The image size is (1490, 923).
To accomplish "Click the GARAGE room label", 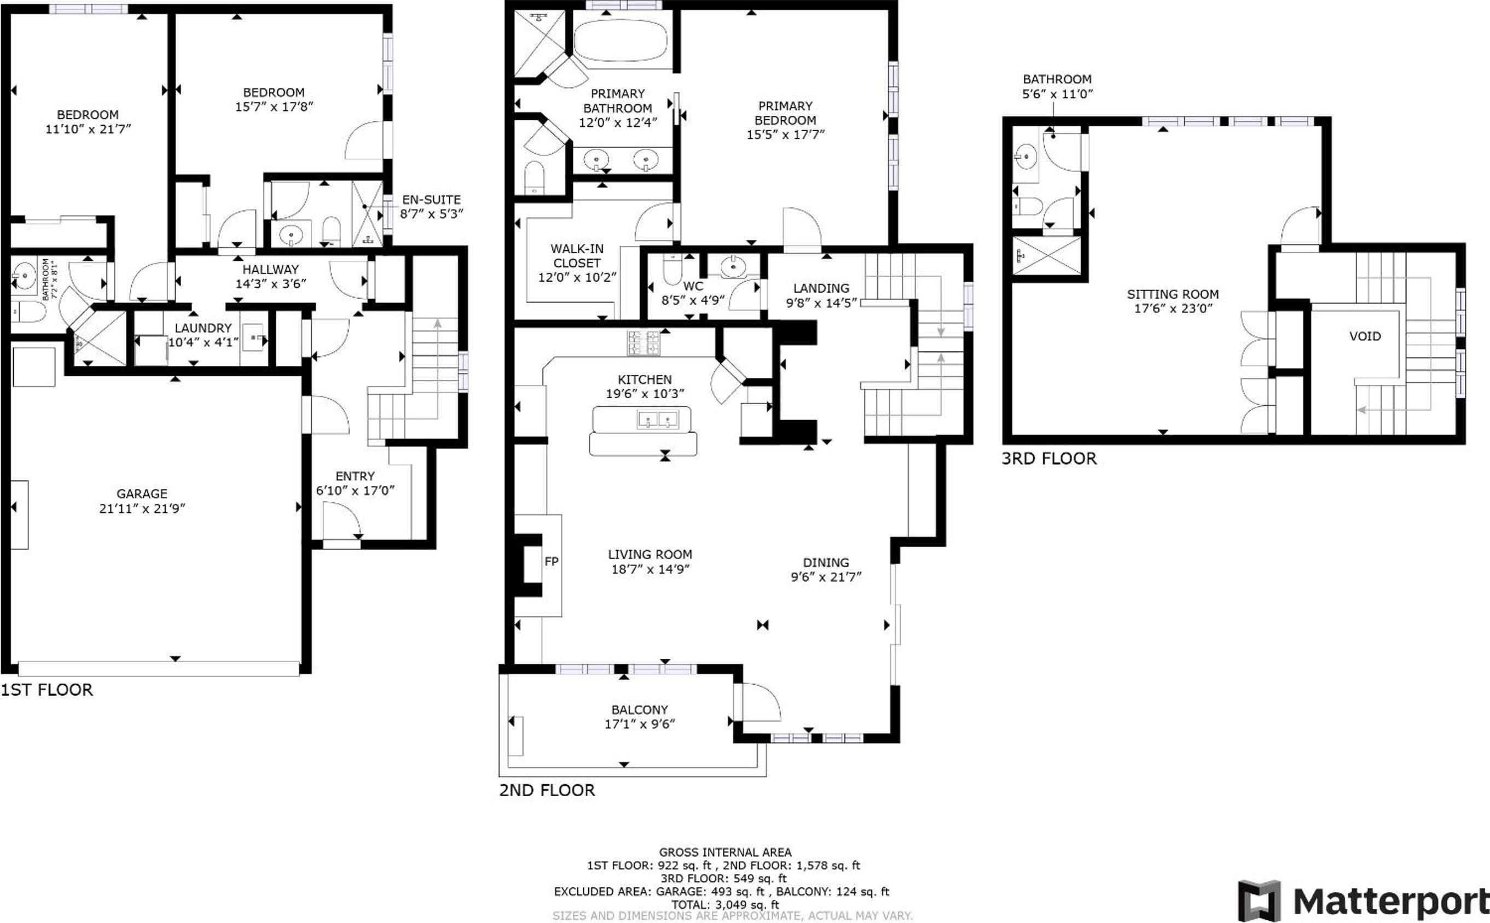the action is coord(142,493).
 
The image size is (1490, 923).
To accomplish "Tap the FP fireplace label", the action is coord(551,561).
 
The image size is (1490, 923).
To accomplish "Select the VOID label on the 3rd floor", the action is coord(1365,336).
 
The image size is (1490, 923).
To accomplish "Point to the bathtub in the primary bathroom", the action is coord(623,40).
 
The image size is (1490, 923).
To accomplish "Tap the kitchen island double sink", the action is coord(658,419).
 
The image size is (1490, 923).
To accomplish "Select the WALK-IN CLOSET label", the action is coord(577,256).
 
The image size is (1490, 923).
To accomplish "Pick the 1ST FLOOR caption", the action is coord(47,690).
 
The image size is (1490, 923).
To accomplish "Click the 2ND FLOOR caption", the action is coord(547,790).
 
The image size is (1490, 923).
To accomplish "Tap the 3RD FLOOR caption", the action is coord(1049,458).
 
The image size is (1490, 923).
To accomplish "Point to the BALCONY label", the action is coord(640,709).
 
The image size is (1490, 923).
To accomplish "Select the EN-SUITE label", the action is coord(431,200).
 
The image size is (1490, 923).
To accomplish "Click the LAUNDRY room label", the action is coord(203,328).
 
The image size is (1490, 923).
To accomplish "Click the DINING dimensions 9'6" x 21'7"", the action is coord(826,577).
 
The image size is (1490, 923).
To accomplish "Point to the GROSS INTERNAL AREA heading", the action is coord(725,851).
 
